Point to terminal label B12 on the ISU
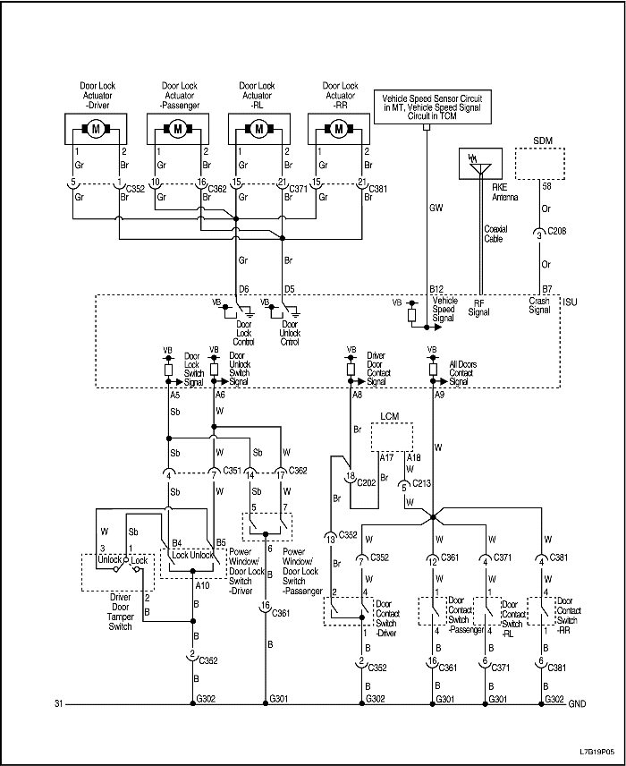tap(436, 289)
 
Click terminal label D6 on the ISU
tap(242, 289)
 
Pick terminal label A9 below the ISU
tap(439, 395)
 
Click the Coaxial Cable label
tap(495, 234)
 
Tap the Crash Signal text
tap(540, 306)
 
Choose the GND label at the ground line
tap(579, 703)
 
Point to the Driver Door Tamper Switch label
tap(114, 614)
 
